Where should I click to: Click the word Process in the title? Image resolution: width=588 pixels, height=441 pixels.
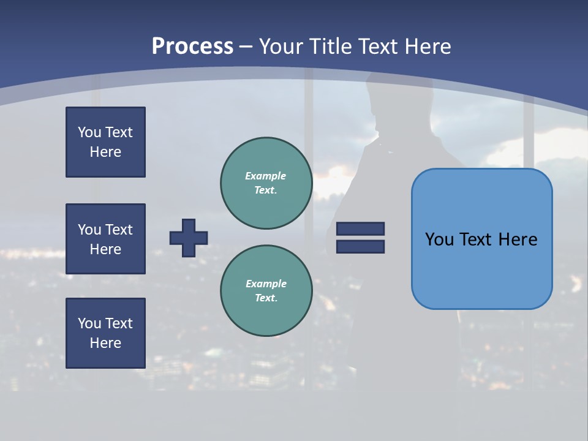pos(192,46)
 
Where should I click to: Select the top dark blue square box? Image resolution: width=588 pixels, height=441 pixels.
pos(105,142)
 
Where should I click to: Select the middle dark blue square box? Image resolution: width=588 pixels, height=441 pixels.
pos(105,239)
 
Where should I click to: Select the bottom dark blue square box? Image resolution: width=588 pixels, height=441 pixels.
pos(105,333)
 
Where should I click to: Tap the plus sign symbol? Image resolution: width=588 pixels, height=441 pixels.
pos(189,238)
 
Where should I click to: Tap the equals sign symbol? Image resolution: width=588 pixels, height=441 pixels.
pos(360,238)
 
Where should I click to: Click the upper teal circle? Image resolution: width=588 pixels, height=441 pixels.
pos(266,183)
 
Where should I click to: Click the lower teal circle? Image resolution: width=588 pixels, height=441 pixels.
pos(266,291)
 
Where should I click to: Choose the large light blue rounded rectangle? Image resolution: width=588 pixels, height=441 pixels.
pos(481,239)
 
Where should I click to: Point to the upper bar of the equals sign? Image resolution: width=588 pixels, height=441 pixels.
pos(360,228)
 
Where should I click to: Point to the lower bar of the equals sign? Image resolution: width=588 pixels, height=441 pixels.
pos(360,247)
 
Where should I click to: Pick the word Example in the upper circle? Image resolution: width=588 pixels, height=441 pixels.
pos(266,176)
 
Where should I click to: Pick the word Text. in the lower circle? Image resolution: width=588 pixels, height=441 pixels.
pos(266,298)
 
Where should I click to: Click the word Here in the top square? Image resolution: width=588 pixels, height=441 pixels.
pos(105,152)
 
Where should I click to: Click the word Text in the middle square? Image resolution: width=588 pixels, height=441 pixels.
pos(118,230)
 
